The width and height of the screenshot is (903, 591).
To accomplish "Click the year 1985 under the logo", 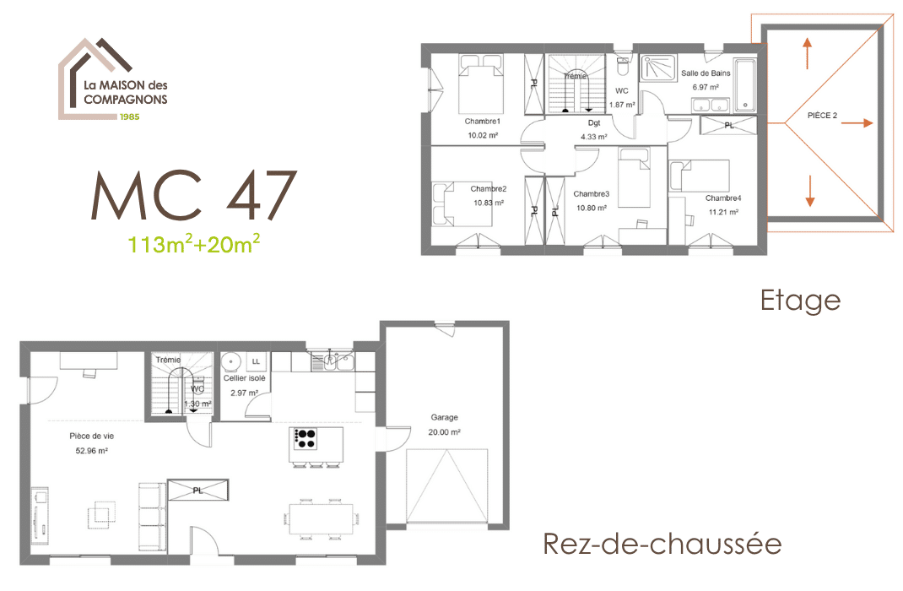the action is [130, 117].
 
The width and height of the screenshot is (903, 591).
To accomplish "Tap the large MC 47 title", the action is [194, 195].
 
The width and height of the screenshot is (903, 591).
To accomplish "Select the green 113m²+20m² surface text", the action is [193, 244].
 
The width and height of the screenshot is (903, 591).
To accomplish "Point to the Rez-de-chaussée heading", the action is [662, 544].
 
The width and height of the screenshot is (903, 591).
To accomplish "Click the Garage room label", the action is [445, 417].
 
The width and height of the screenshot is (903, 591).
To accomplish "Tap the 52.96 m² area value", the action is [92, 451].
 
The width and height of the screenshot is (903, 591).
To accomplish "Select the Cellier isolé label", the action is [244, 378].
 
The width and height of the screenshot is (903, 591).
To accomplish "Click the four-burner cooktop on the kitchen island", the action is [305, 439].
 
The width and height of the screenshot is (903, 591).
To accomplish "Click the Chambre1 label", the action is [483, 122].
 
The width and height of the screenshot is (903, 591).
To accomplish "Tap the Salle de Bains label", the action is [706, 73].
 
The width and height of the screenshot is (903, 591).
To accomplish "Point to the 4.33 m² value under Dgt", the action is [594, 137].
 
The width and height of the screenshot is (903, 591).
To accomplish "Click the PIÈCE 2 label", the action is [822, 115].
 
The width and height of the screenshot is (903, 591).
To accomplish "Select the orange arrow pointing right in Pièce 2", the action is [861, 122].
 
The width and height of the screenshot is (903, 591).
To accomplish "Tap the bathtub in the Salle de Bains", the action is [745, 84].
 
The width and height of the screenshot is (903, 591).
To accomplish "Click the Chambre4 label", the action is [723, 198].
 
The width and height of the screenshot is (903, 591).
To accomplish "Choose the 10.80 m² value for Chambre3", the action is [592, 208].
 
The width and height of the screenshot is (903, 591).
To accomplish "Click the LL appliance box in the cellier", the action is [256, 361].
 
